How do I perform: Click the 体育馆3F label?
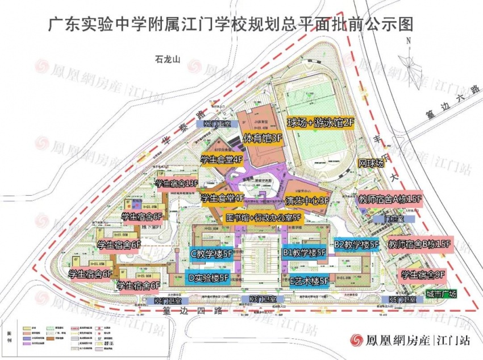click(263, 138)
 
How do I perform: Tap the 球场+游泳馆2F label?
click(320, 123)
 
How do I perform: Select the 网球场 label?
click(371, 163)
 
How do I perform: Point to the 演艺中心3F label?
click(307, 200)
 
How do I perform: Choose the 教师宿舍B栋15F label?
click(419, 245)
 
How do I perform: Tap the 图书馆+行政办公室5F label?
click(263, 217)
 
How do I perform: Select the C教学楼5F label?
click(211, 254)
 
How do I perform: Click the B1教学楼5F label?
click(304, 253)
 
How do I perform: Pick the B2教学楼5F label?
click(356, 245)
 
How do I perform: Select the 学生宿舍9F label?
click(423, 275)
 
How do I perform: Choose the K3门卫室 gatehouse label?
click(263, 299)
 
